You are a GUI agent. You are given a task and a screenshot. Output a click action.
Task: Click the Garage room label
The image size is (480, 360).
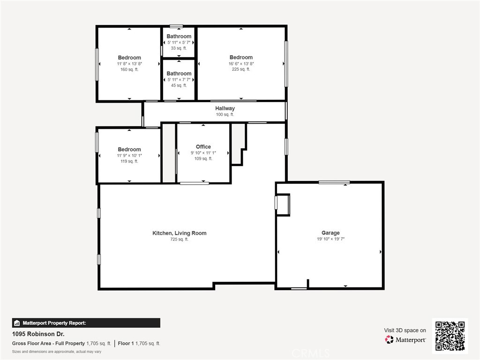click(x=330, y=232)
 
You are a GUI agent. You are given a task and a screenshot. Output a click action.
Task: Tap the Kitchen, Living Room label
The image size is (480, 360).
click(x=179, y=233)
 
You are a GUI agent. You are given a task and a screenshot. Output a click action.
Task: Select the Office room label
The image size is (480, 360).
click(x=203, y=147)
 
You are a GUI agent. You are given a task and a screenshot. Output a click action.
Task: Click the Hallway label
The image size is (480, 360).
click(x=225, y=108)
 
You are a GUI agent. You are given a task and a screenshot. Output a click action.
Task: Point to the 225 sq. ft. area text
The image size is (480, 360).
click(x=241, y=69)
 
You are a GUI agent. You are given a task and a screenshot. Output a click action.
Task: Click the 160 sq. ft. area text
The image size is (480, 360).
click(x=129, y=69)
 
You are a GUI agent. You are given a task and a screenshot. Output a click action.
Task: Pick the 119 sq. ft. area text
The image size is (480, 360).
click(x=129, y=161)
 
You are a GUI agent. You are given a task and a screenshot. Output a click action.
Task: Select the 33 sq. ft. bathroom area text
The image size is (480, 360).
click(x=179, y=48)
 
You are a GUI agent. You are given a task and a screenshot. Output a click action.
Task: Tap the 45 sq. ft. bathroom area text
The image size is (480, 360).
click(x=179, y=85)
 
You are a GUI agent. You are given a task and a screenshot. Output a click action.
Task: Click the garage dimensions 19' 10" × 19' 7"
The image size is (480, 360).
click(x=330, y=239)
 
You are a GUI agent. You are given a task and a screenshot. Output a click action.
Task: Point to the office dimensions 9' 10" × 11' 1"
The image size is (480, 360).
click(x=203, y=153)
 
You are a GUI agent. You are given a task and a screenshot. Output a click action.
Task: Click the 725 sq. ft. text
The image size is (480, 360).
click(x=179, y=240)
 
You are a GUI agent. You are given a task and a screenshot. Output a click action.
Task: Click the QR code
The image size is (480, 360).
click(x=450, y=336)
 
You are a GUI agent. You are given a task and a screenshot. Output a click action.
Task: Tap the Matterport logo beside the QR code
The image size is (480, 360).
click(x=405, y=339)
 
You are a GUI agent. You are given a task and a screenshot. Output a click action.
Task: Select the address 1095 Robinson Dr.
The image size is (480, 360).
click(x=38, y=334)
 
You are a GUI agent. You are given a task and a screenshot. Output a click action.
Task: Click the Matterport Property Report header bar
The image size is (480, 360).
click(x=86, y=323)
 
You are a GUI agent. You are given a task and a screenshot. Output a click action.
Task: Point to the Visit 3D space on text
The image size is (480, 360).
click(x=405, y=330)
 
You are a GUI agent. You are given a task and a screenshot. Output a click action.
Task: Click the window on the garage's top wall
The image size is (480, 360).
click(x=334, y=182)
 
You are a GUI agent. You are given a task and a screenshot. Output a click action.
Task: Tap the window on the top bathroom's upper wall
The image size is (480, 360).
click(x=176, y=26)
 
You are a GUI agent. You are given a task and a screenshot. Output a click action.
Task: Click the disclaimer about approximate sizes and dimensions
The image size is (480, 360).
click(x=57, y=352)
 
